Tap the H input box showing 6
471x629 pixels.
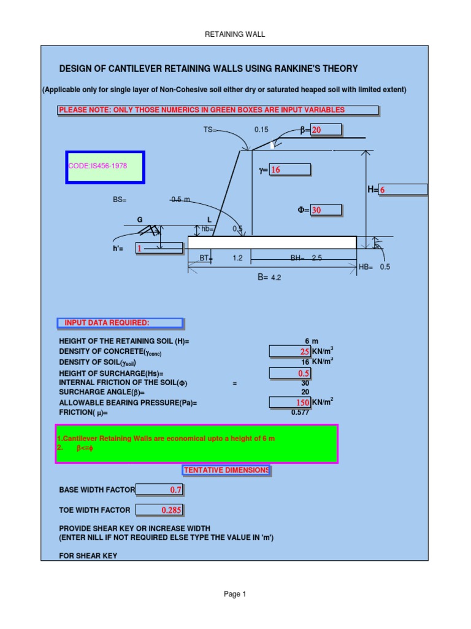point(403,190)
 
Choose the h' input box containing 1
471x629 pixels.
point(159,248)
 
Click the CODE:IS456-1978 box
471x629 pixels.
point(105,167)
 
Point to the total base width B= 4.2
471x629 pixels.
point(269,278)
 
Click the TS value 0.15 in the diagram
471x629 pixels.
point(262,130)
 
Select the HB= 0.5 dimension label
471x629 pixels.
point(374,267)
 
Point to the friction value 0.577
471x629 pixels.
point(300,413)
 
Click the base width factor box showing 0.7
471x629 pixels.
point(159,490)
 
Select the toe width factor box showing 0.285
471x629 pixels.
point(159,510)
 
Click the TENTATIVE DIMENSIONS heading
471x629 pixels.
point(226,471)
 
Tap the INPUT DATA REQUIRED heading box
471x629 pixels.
point(120,323)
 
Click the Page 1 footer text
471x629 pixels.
point(235,594)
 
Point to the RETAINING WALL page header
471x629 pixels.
point(235,34)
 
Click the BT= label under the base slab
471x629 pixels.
point(206,259)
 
